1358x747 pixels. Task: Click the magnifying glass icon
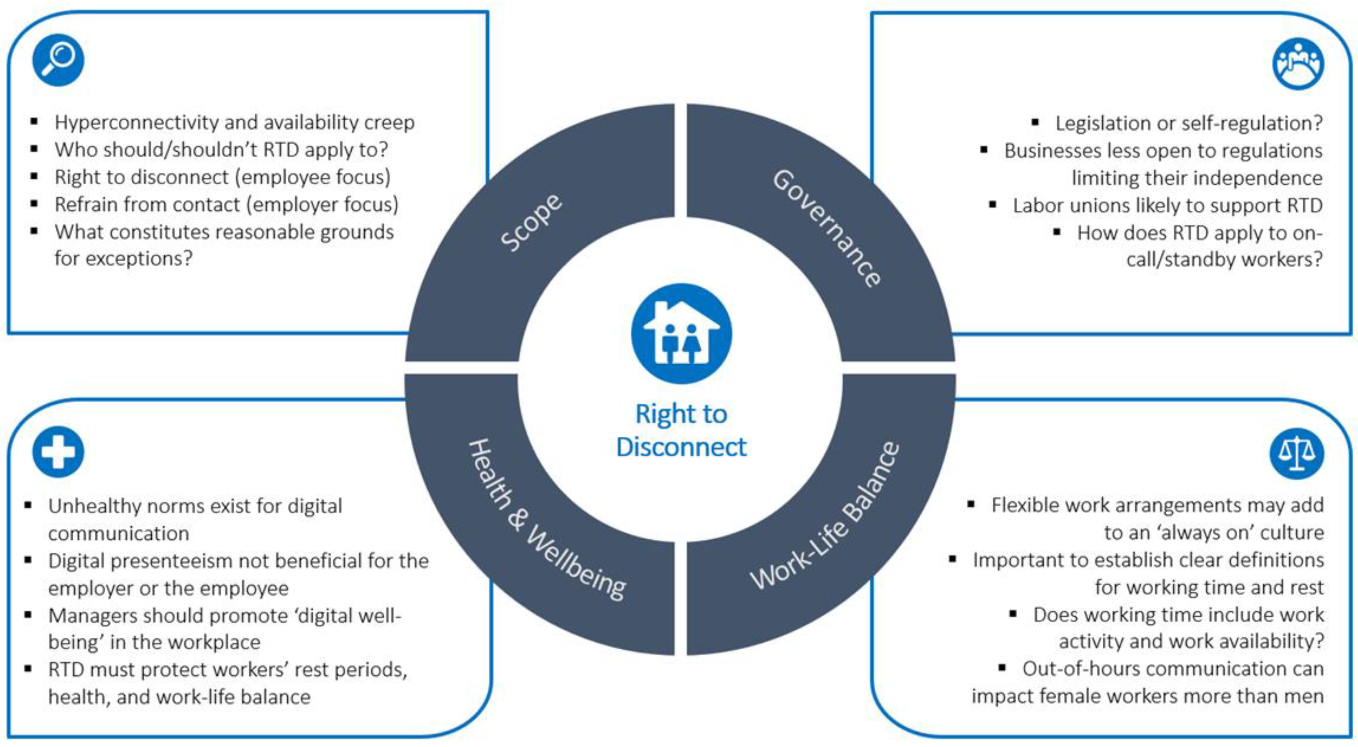pos(58,60)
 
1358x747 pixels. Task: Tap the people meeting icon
pos(1298,63)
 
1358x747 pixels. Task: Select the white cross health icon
pos(58,452)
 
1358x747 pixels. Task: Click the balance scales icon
pos(1296,453)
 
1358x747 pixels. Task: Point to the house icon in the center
pos(681,333)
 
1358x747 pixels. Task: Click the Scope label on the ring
pos(531,222)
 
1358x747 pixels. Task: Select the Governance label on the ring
pos(827,228)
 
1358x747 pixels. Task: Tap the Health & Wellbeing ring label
pos(546,520)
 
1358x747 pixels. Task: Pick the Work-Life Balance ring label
pos(825,517)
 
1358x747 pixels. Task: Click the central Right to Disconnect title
pos(681,430)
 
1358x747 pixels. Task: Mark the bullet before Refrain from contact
pos(34,203)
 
